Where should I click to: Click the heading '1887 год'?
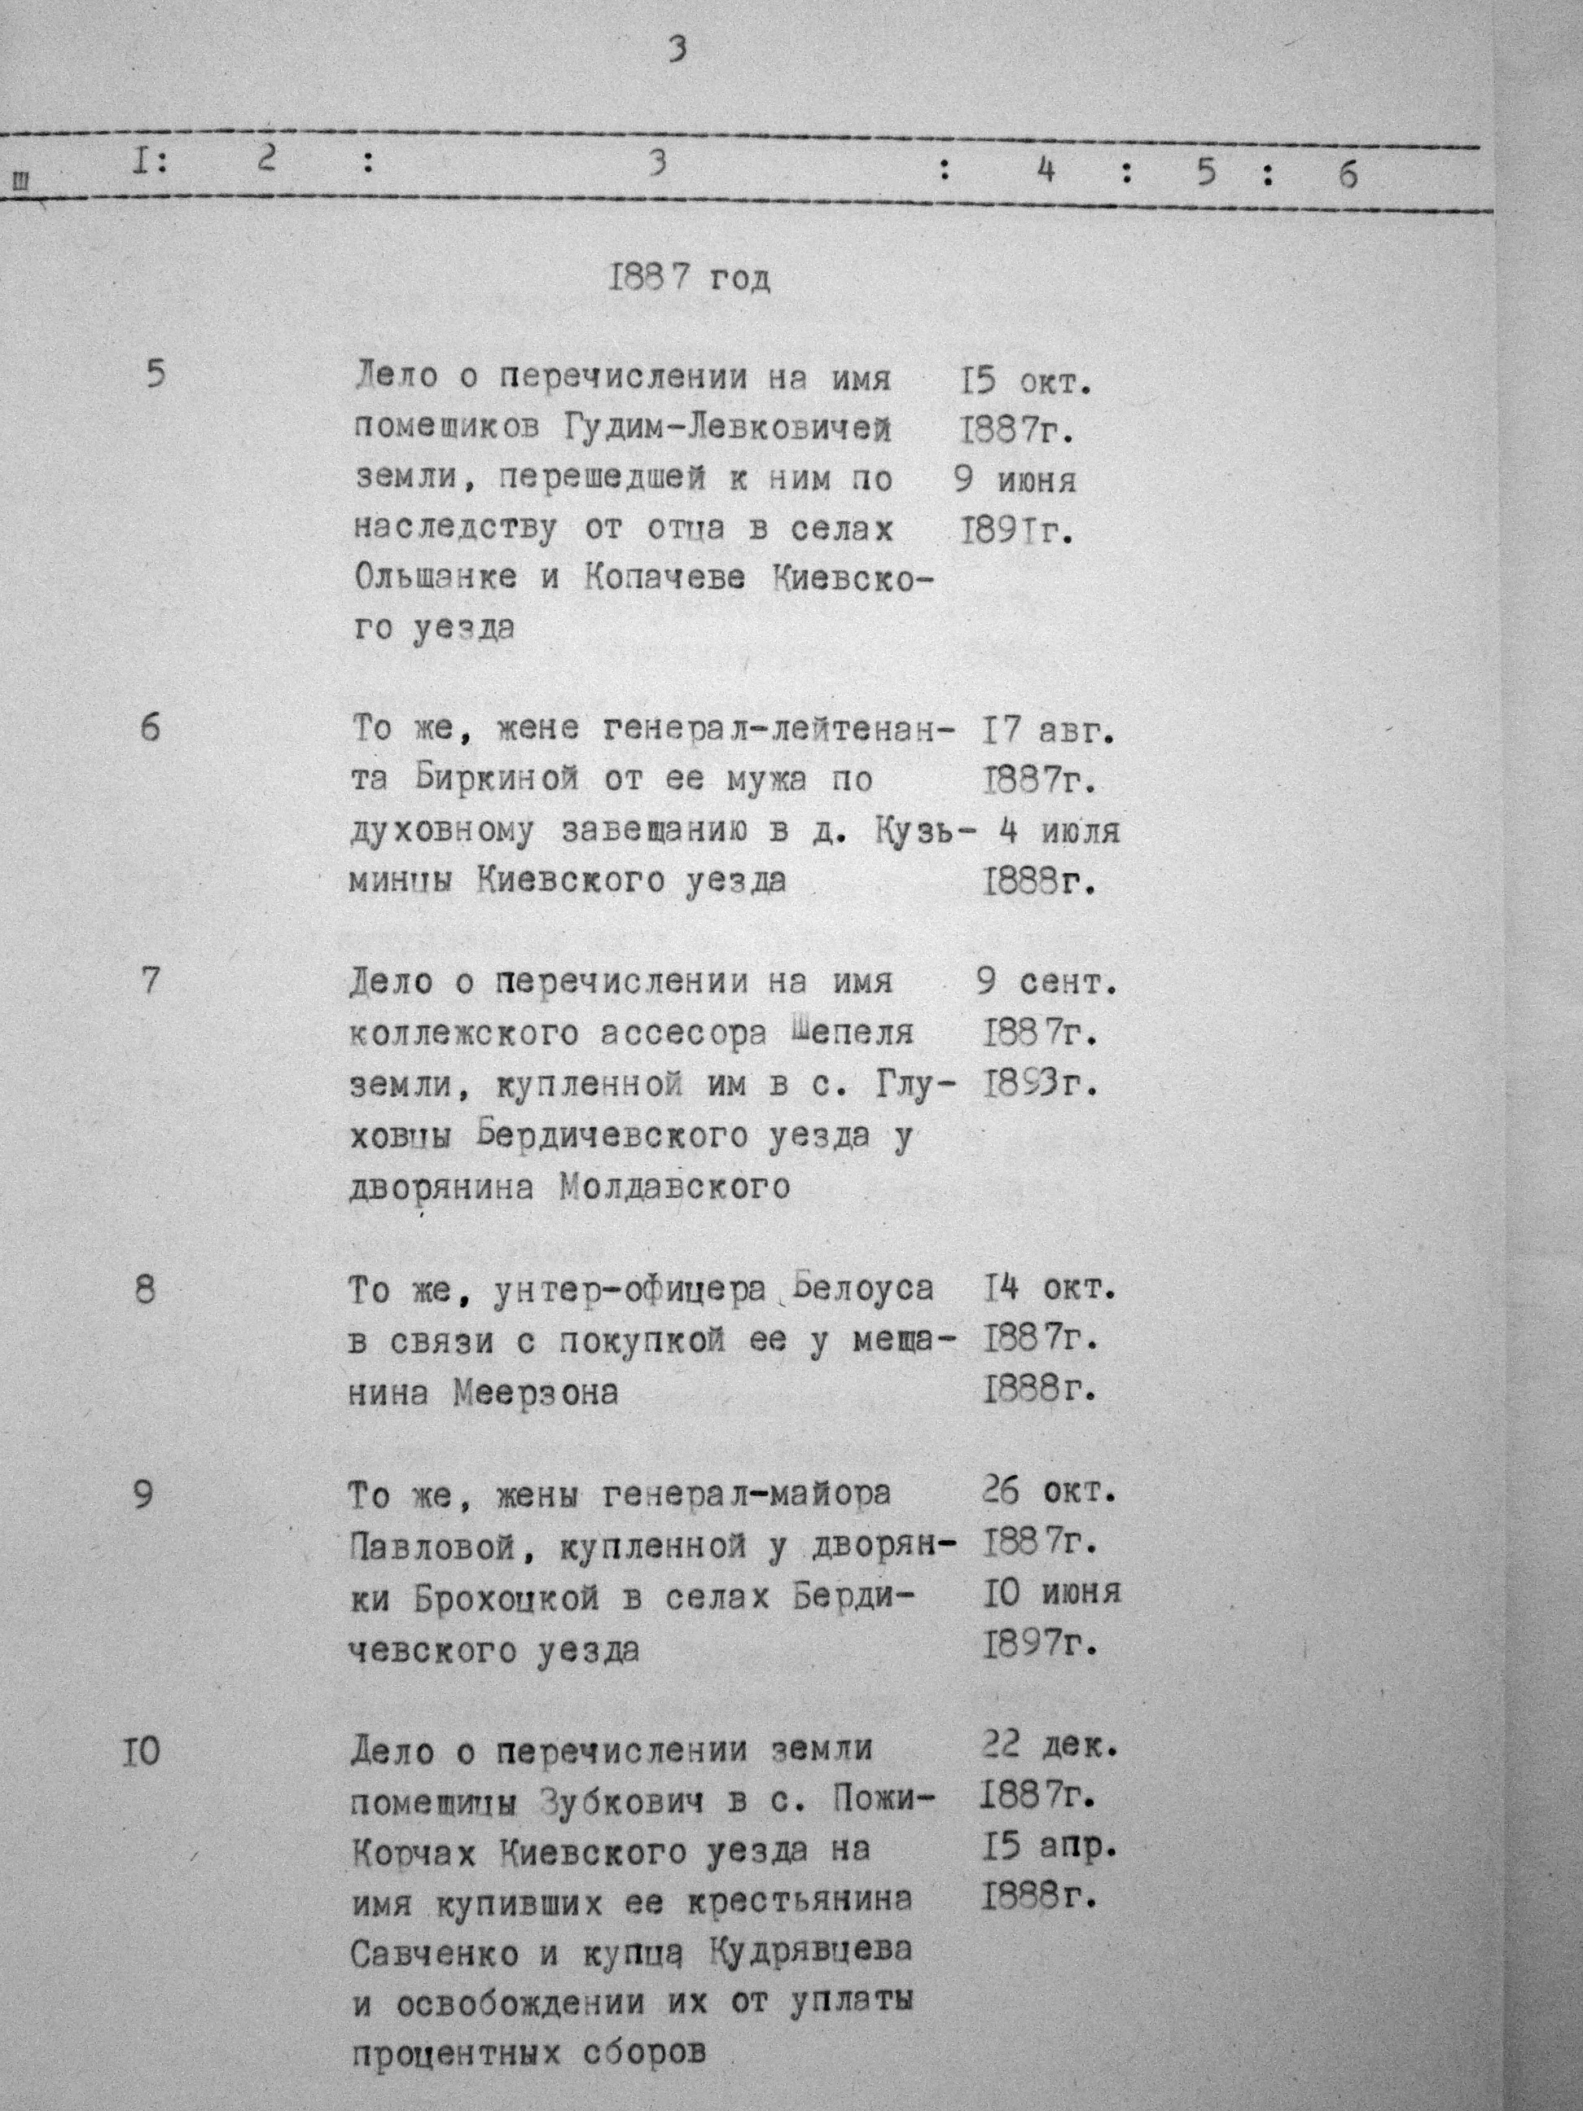tap(689, 279)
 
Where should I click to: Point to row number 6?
tap(151, 730)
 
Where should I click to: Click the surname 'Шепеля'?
tap(852, 1033)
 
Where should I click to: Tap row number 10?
tap(141, 1753)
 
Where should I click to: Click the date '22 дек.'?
tap(1048, 1748)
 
